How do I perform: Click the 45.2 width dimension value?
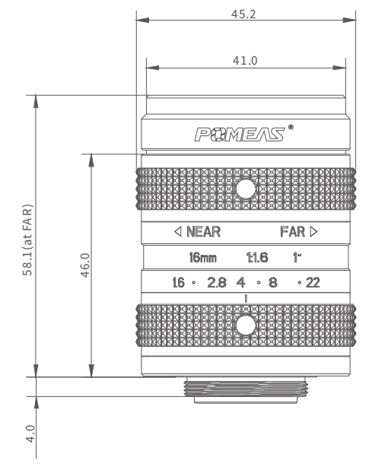(x=243, y=14)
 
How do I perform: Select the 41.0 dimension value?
(x=245, y=60)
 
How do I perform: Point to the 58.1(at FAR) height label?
(x=27, y=240)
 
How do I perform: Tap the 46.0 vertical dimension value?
(x=85, y=265)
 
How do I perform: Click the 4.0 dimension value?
(x=30, y=434)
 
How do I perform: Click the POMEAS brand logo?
(x=240, y=134)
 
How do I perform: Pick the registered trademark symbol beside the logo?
(x=291, y=128)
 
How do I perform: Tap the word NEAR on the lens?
(x=203, y=231)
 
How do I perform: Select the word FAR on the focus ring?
(x=293, y=231)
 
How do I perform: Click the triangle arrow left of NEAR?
(x=178, y=231)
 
